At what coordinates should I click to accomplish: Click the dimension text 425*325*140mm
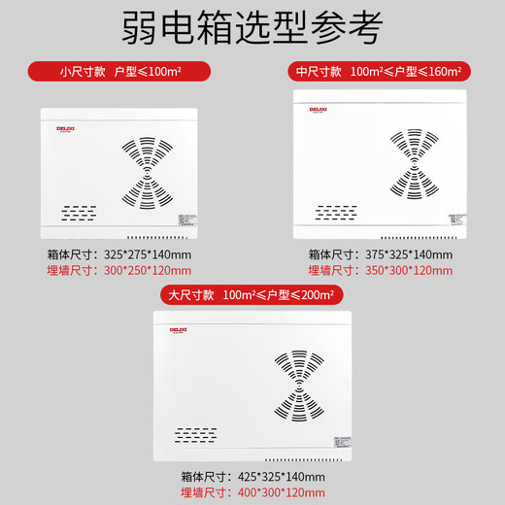[282, 477]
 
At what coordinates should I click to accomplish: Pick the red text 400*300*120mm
[282, 492]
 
